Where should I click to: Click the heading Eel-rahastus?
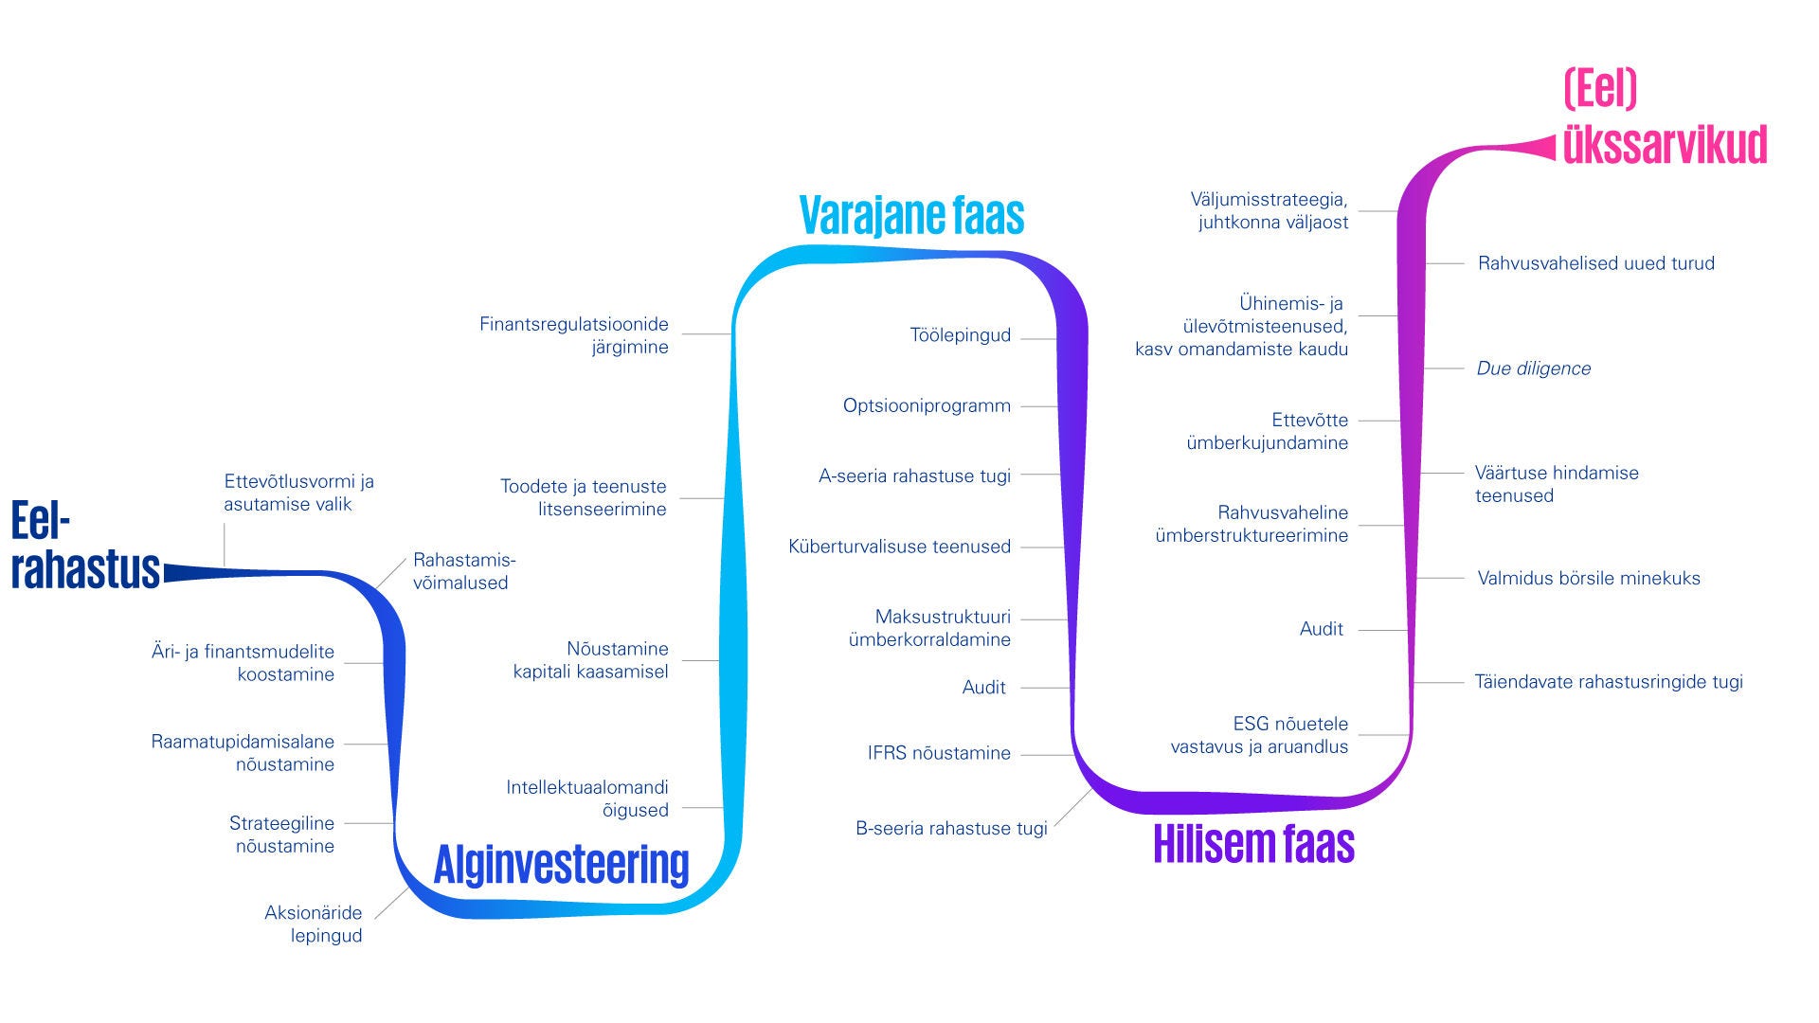click(84, 547)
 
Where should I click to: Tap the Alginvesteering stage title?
click(561, 864)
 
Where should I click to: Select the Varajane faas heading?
click(911, 215)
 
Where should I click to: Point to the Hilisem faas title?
click(1253, 843)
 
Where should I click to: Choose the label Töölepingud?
click(960, 335)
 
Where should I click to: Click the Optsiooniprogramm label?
click(927, 405)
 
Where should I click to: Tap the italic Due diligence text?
click(1533, 368)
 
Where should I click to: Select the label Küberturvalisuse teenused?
click(899, 547)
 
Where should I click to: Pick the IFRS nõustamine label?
click(939, 753)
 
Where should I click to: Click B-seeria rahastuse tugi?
click(951, 828)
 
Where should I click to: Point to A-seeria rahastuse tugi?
click(914, 476)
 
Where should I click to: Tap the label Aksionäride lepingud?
click(314, 924)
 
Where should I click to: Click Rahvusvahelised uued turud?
click(1595, 263)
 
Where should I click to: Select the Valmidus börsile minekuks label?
click(1589, 578)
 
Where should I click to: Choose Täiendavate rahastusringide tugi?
click(1609, 681)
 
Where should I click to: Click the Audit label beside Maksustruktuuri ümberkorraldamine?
click(983, 688)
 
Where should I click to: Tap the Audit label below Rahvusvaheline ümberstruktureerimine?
click(1321, 629)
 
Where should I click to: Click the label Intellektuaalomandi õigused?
click(587, 799)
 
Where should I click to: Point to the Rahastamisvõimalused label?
click(463, 571)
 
